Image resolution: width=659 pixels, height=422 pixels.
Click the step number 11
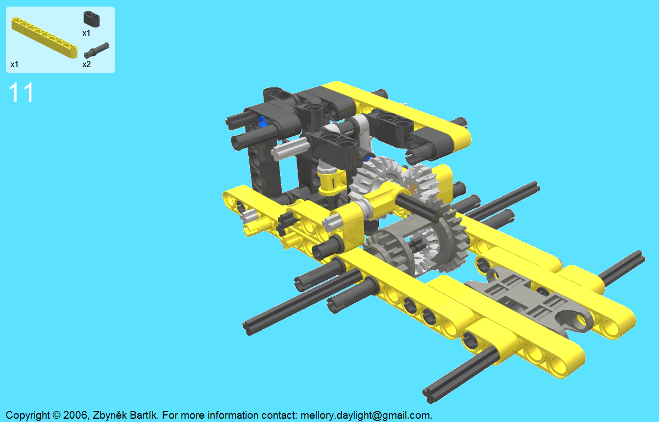click(x=21, y=92)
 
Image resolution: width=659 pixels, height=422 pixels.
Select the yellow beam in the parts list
click(x=44, y=38)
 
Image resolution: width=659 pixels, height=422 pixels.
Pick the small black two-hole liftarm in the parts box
click(x=92, y=19)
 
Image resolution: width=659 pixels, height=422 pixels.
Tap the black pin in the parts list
click(x=97, y=51)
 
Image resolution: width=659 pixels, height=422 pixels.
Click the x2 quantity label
click(x=87, y=64)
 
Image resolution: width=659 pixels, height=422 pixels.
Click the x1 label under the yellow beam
click(x=14, y=64)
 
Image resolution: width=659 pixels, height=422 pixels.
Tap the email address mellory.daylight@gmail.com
click(x=366, y=415)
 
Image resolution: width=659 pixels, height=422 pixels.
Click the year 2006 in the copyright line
click(x=75, y=415)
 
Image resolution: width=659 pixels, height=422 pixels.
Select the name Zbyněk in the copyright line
click(x=109, y=415)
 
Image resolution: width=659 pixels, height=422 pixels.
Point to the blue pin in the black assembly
click(x=261, y=121)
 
